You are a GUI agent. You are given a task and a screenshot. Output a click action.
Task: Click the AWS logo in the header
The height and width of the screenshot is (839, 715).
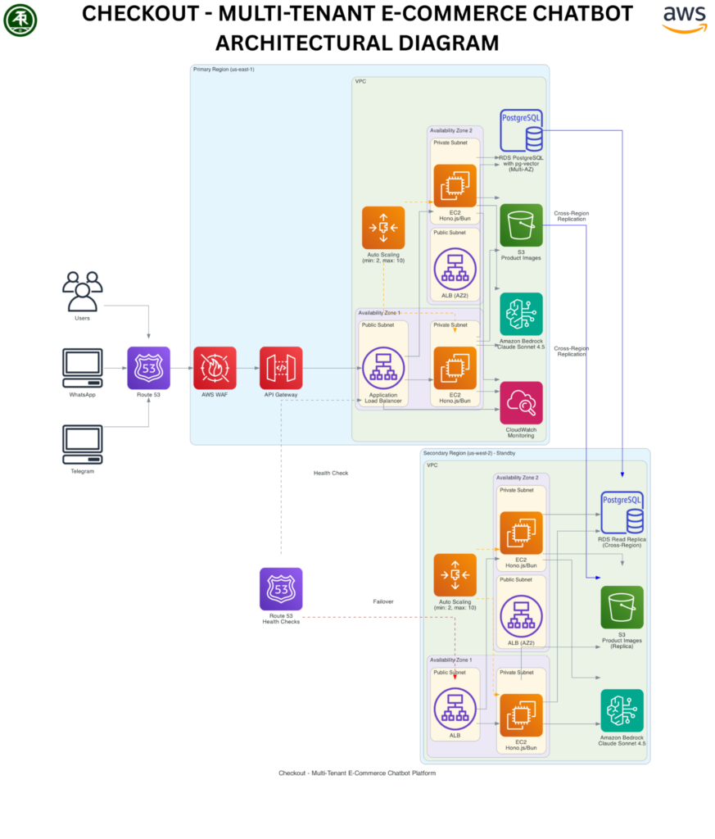coord(684,18)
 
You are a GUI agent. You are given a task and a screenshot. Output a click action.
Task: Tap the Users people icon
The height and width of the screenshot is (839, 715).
coord(82,291)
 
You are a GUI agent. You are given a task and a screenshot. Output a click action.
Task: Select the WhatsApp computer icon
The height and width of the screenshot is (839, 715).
coord(83,368)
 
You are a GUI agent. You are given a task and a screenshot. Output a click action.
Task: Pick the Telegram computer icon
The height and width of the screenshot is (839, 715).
coord(83,445)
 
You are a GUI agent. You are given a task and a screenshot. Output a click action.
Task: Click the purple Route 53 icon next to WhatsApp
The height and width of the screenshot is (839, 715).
coord(148,368)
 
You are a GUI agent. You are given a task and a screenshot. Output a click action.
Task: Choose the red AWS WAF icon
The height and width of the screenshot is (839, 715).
coord(215,368)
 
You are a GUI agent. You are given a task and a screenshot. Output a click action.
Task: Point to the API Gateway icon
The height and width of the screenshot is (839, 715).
coord(281,368)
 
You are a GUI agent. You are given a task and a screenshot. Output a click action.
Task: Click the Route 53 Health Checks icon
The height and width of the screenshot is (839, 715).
coord(281,589)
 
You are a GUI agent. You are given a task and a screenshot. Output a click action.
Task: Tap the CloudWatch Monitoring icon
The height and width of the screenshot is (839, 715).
coord(521,402)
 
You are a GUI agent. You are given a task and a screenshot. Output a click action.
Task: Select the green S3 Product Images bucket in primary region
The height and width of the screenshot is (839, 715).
coord(521,225)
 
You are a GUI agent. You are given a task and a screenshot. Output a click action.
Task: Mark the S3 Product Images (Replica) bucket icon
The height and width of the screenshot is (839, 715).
coord(622,607)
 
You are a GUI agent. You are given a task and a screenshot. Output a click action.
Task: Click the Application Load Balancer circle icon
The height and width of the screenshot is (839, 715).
coord(382,368)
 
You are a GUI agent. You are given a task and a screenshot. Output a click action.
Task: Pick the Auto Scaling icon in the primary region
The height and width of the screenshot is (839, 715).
coord(383,228)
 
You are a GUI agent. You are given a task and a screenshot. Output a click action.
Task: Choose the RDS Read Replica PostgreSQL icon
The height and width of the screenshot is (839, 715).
coord(622,511)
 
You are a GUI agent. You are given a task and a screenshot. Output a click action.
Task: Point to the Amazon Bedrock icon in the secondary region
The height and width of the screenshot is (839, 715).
coord(622,710)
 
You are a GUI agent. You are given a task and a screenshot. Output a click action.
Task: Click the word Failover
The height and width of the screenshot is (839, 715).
coord(383,601)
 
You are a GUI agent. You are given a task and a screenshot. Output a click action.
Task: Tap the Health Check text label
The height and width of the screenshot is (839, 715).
coord(331,473)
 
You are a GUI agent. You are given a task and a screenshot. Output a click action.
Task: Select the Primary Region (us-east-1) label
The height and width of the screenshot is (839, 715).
coord(224,70)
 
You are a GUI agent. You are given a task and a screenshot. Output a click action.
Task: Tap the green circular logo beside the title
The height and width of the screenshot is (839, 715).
coord(20,20)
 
